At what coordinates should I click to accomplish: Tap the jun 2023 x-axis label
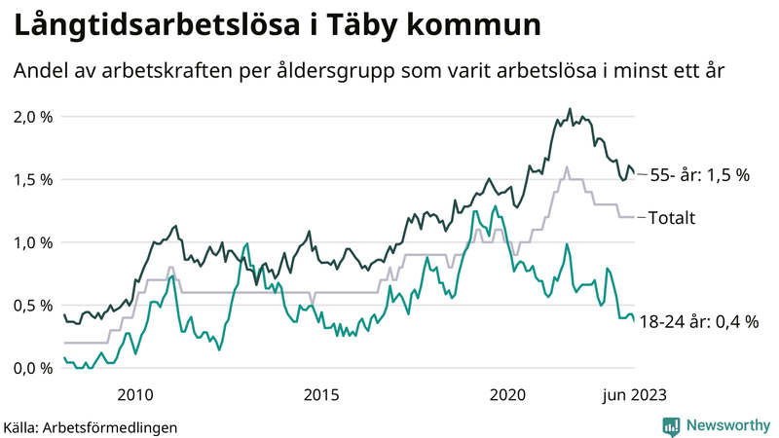634,394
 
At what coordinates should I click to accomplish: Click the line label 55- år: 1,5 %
699,175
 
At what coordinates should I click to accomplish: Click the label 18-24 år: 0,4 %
699,321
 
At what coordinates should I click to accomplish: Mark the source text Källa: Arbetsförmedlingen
92,426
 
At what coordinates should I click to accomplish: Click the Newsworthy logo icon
671,425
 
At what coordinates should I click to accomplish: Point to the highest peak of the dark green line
570,109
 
